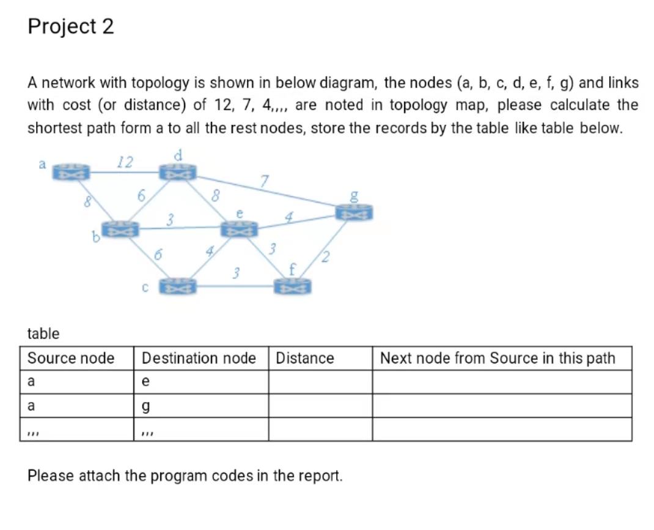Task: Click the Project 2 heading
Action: click(x=71, y=26)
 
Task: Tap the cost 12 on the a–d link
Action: click(x=125, y=162)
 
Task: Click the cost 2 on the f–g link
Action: click(x=327, y=256)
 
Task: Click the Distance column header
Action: click(x=305, y=358)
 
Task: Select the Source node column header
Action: click(x=71, y=358)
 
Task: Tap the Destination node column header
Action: click(x=199, y=358)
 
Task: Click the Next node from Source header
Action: click(x=497, y=358)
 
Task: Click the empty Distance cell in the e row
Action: click(x=320, y=382)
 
